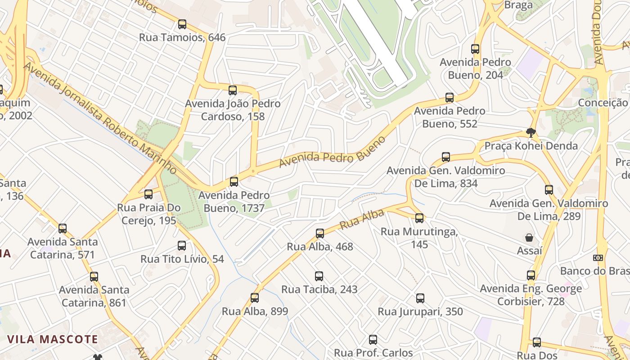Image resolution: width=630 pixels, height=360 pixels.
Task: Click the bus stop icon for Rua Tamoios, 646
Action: click(182, 24)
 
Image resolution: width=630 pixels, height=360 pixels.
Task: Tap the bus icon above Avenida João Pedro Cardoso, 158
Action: click(232, 90)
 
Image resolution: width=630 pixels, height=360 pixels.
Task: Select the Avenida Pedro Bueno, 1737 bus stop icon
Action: click(234, 182)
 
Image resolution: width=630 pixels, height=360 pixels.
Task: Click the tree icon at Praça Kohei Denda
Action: click(531, 132)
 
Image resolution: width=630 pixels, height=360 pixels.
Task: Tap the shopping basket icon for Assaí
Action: click(529, 237)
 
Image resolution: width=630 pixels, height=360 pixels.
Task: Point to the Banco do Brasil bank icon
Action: click(598, 258)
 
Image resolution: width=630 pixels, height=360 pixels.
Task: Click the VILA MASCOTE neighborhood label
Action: click(52, 339)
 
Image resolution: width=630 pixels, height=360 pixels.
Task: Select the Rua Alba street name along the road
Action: click(355, 219)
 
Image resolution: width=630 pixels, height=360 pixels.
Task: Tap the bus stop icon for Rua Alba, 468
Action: click(319, 233)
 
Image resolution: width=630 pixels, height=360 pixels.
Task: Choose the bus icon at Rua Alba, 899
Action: click(255, 297)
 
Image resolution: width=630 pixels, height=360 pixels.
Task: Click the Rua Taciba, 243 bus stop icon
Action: click(319, 276)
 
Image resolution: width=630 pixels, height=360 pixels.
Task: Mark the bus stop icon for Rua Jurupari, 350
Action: click(420, 298)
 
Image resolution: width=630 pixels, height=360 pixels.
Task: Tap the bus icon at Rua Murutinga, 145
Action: click(419, 218)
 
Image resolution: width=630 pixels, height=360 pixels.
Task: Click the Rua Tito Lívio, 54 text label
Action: click(182, 259)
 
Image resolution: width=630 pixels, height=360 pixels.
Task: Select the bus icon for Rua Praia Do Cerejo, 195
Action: click(148, 194)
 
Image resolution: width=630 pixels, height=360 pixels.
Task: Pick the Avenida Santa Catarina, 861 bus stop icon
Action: click(94, 276)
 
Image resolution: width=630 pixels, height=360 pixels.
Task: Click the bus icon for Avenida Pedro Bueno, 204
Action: click(475, 49)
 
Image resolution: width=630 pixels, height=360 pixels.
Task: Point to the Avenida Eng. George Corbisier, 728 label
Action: click(531, 295)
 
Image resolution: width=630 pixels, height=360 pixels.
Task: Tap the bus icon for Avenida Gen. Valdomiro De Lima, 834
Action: click(445, 157)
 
